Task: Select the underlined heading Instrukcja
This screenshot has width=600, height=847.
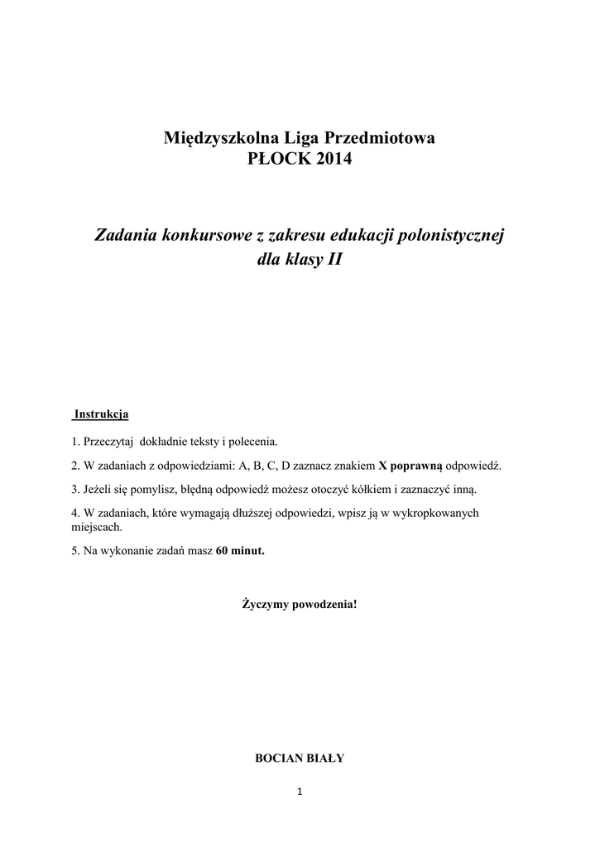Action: (101, 413)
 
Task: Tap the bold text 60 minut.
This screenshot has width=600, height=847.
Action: (240, 550)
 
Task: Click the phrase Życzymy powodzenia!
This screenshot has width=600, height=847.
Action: (300, 605)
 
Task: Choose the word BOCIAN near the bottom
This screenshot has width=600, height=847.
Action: (279, 757)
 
